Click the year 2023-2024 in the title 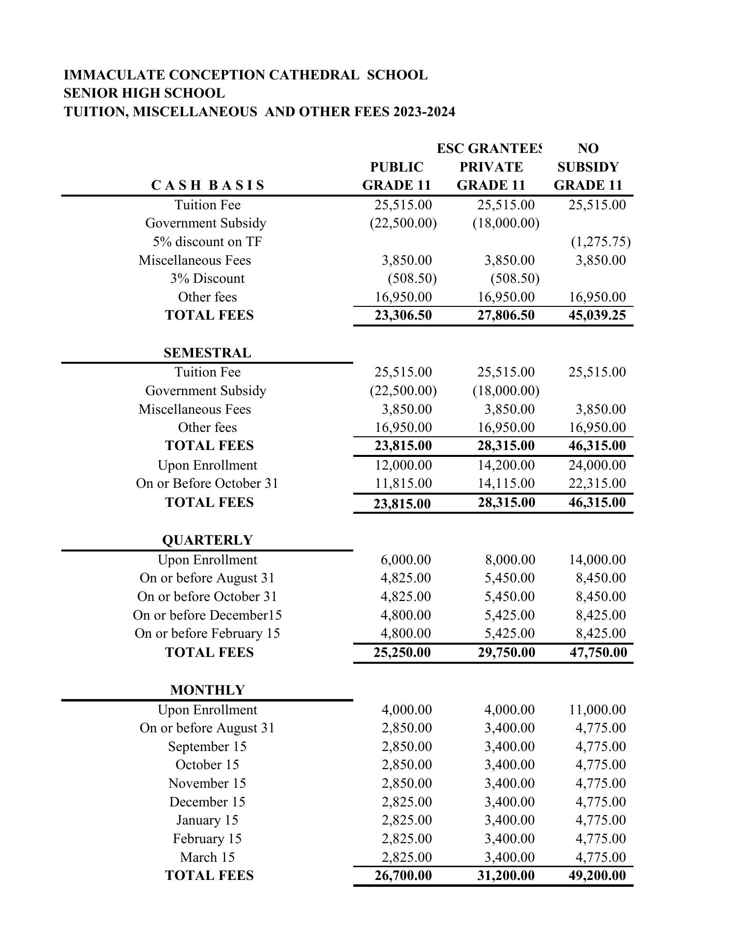(424, 112)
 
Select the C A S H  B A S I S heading (208, 185)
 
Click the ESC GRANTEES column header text (489, 149)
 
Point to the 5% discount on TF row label (207, 242)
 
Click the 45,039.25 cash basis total (597, 315)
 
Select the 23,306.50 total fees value (403, 315)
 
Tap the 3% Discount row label (207, 278)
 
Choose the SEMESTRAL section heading (207, 353)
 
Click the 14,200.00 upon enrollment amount (506, 465)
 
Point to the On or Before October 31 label (207, 483)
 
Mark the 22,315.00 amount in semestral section (597, 483)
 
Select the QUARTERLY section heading (207, 540)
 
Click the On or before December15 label (207, 615)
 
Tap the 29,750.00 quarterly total (506, 652)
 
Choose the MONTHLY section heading (207, 690)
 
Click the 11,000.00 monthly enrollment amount (597, 710)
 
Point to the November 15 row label (207, 783)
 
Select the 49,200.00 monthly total (597, 876)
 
